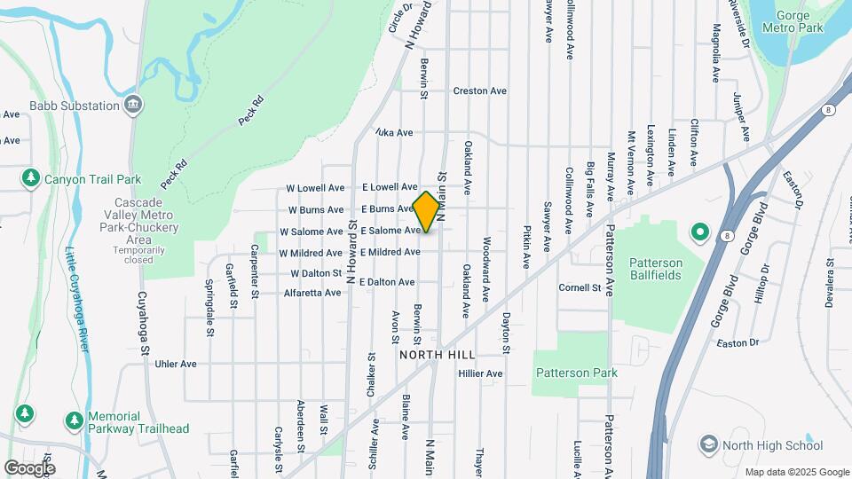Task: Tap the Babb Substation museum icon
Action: tap(132, 106)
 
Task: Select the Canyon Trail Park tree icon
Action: tap(31, 179)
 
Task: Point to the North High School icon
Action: tap(708, 443)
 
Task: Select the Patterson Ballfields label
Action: tap(656, 269)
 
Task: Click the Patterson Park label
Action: tap(576, 373)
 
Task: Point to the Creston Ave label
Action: tap(479, 90)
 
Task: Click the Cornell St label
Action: tap(580, 287)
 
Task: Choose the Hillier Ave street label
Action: tap(480, 373)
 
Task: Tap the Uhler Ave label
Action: tap(176, 364)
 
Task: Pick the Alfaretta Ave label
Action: tap(312, 293)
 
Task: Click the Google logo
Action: tap(29, 467)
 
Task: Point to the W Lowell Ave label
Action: tap(314, 188)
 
